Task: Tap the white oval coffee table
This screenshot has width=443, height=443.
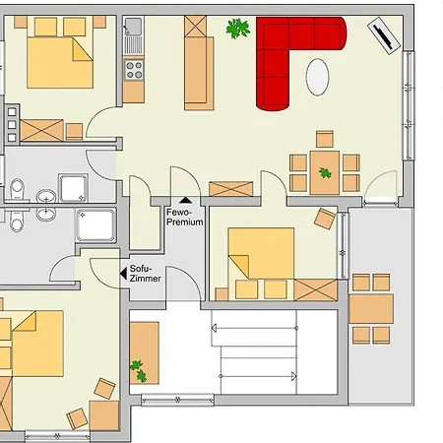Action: click(x=317, y=77)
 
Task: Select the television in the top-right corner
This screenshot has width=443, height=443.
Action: click(x=384, y=35)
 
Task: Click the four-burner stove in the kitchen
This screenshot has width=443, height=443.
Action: click(x=134, y=70)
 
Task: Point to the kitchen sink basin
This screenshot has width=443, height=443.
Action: click(x=133, y=25)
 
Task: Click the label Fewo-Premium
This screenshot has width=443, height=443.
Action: click(x=185, y=217)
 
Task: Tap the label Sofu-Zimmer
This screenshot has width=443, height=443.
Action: click(x=145, y=274)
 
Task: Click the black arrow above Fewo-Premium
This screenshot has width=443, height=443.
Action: click(x=185, y=200)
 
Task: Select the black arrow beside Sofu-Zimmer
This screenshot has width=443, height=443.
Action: click(x=123, y=274)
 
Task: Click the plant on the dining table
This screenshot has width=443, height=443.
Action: click(x=325, y=172)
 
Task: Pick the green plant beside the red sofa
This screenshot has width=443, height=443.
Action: click(x=238, y=29)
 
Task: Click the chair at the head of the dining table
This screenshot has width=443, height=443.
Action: click(x=325, y=139)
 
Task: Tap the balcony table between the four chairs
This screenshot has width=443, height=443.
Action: click(x=371, y=309)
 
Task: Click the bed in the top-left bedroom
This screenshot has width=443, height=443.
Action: click(x=60, y=62)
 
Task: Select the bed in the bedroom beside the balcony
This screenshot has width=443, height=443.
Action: click(x=261, y=254)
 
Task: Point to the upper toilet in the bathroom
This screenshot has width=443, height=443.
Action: click(x=17, y=190)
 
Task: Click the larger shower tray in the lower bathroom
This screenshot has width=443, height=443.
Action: click(x=95, y=225)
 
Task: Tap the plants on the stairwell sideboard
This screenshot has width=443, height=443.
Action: click(x=139, y=371)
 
